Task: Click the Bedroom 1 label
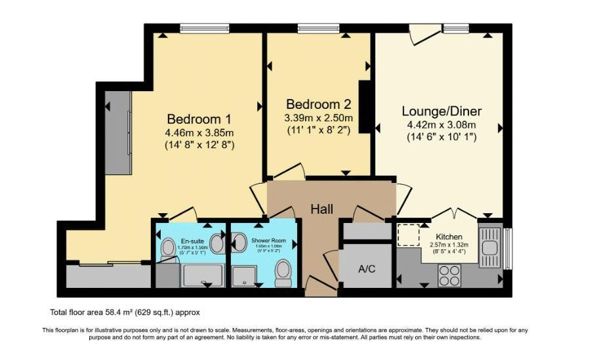point(199,119)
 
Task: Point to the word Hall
point(322,209)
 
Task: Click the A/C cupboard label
point(366,268)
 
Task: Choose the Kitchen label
point(449,236)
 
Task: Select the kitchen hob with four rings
point(449,275)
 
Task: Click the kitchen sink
point(489,247)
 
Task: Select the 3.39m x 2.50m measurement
point(318,118)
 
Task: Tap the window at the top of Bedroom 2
point(318,28)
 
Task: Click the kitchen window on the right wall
point(506,249)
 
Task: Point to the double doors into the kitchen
point(452,214)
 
